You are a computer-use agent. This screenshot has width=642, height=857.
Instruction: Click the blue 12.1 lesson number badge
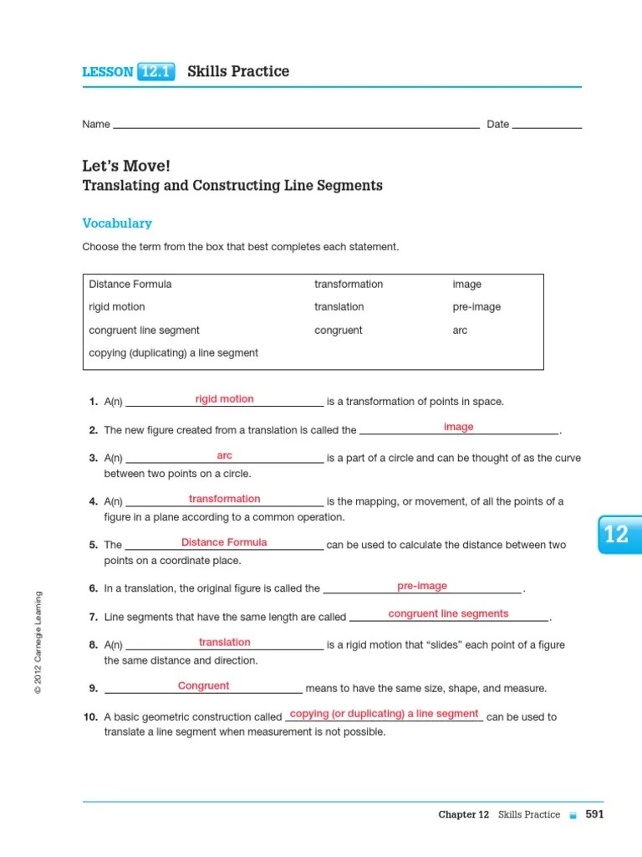click(156, 72)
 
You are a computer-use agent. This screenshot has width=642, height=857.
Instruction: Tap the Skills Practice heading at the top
click(238, 72)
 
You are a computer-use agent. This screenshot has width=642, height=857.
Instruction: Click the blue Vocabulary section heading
click(117, 223)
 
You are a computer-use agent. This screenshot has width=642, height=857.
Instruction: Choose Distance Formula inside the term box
click(130, 285)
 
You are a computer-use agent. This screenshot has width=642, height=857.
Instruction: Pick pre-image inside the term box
click(476, 307)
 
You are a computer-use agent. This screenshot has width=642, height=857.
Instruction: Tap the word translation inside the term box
click(339, 307)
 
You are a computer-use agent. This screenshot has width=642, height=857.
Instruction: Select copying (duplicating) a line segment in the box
click(174, 353)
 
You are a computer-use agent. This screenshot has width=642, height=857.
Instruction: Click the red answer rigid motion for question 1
click(224, 399)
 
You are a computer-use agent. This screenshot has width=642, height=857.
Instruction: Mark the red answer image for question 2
click(458, 427)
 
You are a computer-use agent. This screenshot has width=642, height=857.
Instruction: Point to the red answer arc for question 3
click(224, 456)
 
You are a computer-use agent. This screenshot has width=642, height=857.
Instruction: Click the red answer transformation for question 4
click(224, 499)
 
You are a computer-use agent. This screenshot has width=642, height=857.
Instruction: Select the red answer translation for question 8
click(224, 643)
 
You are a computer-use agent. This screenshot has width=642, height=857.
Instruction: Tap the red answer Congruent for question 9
click(203, 686)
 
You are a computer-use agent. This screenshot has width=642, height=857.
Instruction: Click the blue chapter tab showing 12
click(618, 535)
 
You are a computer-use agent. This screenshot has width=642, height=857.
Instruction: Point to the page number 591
click(594, 814)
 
